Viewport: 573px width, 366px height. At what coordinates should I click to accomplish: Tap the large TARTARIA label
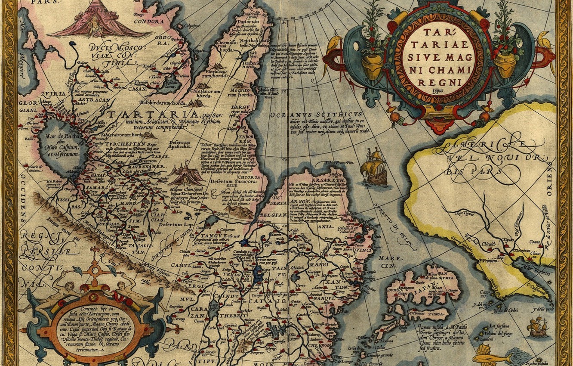click(153, 115)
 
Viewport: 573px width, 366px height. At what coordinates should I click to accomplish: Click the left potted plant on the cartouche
click(372, 47)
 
